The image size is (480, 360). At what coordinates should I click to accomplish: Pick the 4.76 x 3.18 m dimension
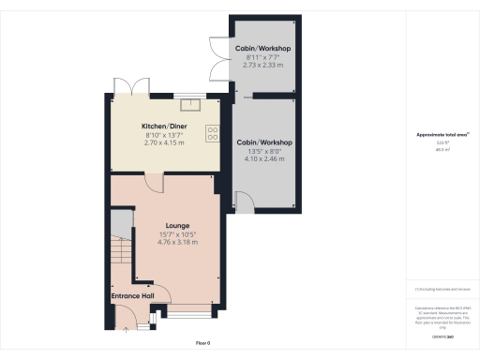176,242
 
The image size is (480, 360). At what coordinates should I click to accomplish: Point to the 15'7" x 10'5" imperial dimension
176,233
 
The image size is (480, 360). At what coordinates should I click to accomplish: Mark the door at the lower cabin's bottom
243,200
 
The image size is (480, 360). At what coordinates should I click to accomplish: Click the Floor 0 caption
202,343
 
